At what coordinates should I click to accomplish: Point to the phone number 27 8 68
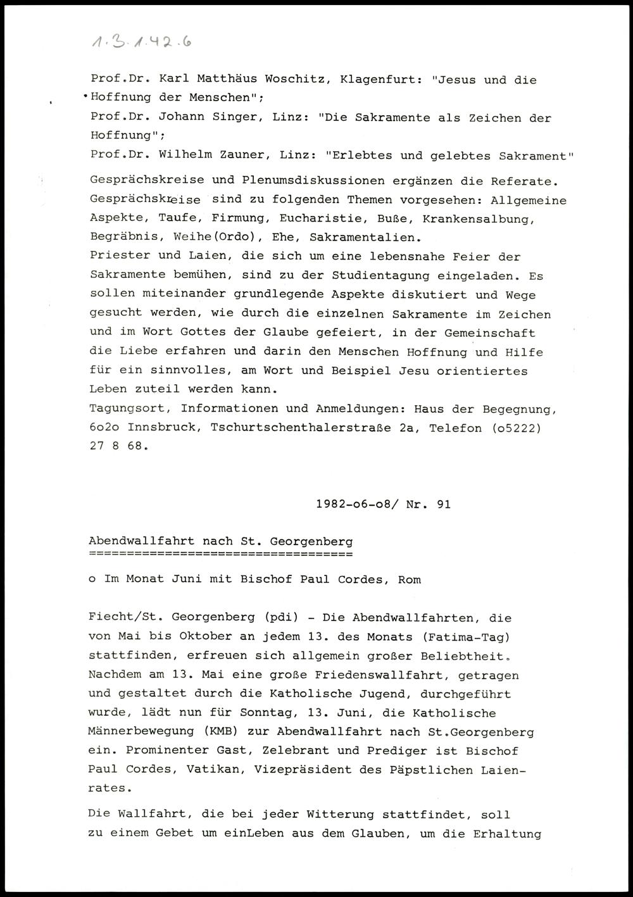[x=119, y=447]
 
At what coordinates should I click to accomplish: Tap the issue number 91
[x=442, y=505]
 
